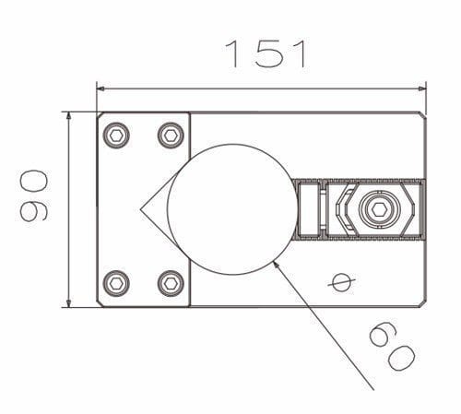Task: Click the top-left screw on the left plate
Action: pyautogui.click(x=117, y=136)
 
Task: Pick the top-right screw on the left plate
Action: pyautogui.click(x=170, y=136)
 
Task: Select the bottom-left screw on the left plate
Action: pyautogui.click(x=117, y=281)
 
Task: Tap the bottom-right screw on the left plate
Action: pyautogui.click(x=170, y=281)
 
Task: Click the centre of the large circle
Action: pyautogui.click(x=228, y=208)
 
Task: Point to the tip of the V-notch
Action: pyautogui.click(x=141, y=209)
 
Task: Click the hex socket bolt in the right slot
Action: pyautogui.click(x=376, y=209)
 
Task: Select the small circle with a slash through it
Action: pyautogui.click(x=341, y=280)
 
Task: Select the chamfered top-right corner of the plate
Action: pyautogui.click(x=422, y=115)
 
